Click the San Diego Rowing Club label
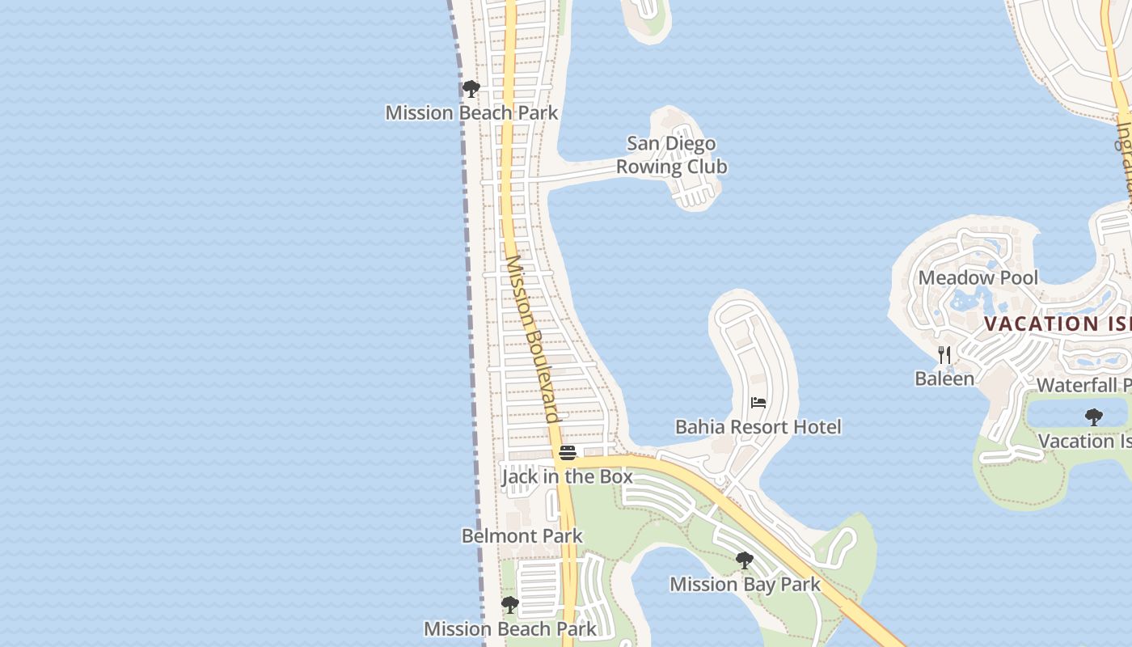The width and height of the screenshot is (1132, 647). tap(672, 155)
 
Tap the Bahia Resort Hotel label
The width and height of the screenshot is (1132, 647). tap(758, 427)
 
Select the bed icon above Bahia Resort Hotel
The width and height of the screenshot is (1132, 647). tap(758, 402)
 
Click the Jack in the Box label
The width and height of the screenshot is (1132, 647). tap(567, 476)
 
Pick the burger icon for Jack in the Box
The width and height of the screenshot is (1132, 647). tap(568, 452)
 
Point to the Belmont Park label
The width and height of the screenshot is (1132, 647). tap(522, 536)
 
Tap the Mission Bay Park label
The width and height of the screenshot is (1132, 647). tap(745, 584)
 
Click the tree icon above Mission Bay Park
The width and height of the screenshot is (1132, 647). tap(745, 560)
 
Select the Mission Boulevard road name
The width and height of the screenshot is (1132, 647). tap(533, 339)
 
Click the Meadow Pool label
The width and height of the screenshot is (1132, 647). tap(978, 278)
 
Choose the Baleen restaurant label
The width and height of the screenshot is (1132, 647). tap(944, 378)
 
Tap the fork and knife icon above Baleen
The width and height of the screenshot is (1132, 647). tap(944, 354)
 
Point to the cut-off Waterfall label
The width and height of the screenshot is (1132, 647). tap(1083, 385)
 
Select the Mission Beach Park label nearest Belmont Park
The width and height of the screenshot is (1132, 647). tap(510, 628)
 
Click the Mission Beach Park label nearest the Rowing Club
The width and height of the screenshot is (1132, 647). tap(471, 112)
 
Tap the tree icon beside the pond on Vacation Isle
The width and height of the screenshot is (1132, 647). tap(1093, 417)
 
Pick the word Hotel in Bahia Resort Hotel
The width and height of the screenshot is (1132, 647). tap(817, 427)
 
